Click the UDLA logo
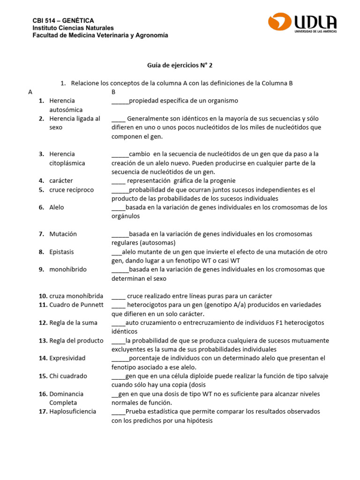point(302,23)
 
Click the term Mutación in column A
point(63,234)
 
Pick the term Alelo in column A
point(57,207)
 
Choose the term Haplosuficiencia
point(73,412)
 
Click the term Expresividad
point(67,358)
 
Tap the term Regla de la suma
point(73,322)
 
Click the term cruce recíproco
point(71,190)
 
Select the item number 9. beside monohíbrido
point(41,270)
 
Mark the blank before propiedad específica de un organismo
point(120,101)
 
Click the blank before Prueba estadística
point(118,412)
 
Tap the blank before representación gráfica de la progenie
point(118,181)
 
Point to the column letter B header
point(113,92)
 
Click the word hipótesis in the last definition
point(199,420)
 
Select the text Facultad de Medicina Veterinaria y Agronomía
point(100,36)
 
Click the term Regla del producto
point(76,340)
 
